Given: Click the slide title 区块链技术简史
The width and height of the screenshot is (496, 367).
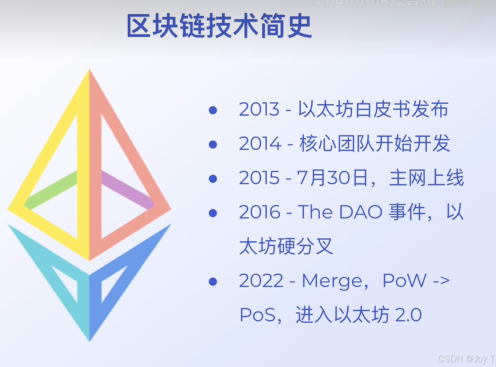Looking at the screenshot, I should coord(219,26).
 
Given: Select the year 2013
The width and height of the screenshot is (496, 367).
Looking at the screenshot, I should coord(259,110).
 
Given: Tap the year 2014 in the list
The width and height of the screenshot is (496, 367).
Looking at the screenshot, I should coord(260,144).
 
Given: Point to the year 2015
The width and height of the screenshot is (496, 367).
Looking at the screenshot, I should coord(259,178).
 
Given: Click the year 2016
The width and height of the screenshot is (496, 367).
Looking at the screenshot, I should coord(260,212).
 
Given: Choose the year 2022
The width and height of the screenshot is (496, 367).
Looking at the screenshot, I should coord(261,281).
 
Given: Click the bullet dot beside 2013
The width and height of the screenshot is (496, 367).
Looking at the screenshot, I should coord(213,110).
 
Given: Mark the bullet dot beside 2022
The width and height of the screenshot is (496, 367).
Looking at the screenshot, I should coord(213,281).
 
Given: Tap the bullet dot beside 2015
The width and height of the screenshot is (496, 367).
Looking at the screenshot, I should coord(213,179).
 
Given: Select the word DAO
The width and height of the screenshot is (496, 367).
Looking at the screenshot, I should coord(361,212).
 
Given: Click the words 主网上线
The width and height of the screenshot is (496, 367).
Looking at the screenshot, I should coord(427,178).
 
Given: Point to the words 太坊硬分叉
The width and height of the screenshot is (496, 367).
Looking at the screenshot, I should coord(286,247).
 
